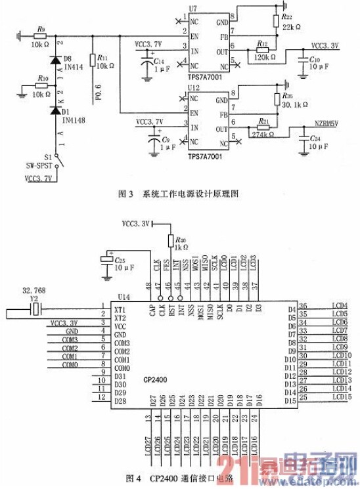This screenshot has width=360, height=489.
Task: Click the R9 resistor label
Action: [41, 29]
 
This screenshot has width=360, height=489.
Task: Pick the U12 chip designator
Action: [193, 87]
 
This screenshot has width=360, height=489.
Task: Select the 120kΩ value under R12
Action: [263, 58]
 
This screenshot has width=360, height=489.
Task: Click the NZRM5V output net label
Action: [326, 123]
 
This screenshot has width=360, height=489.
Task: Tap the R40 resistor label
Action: [183, 240]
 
